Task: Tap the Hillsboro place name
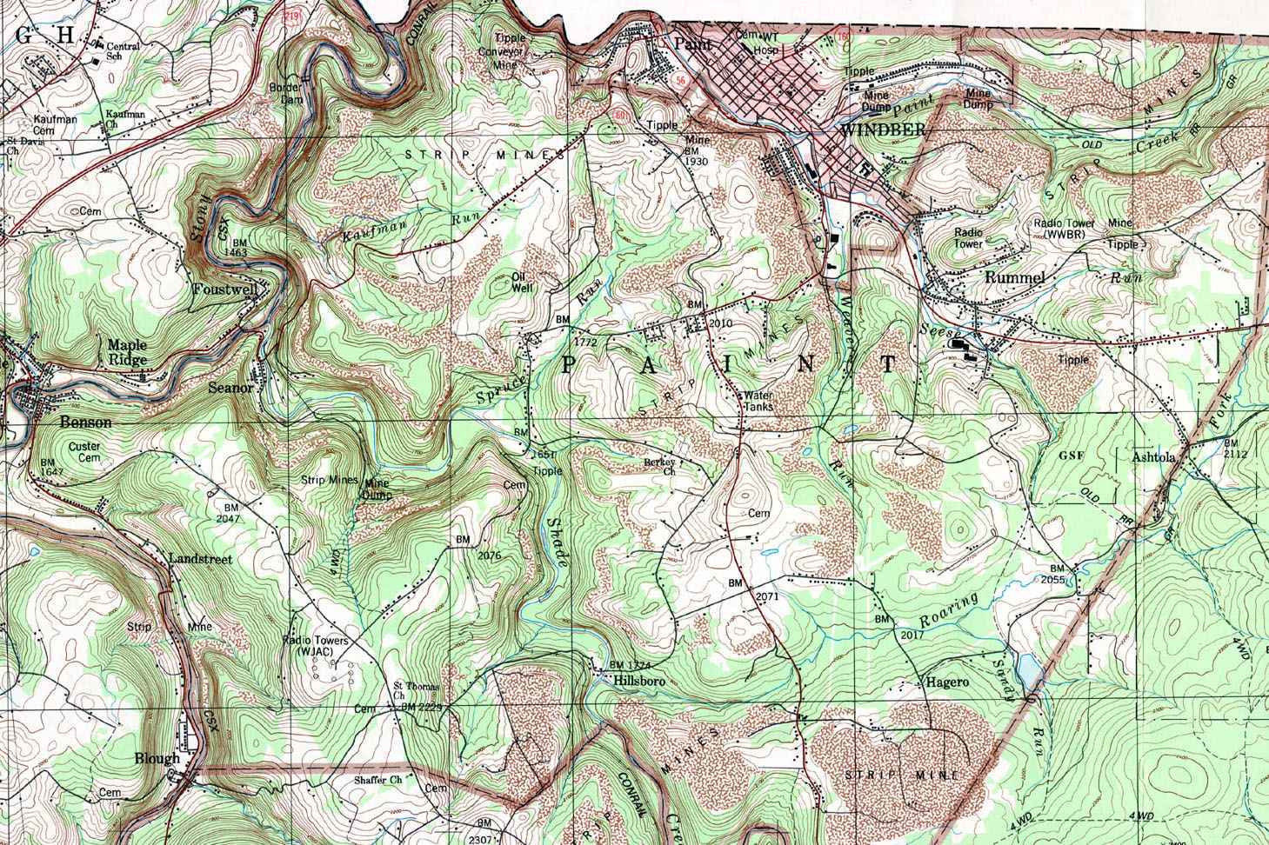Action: tap(639, 682)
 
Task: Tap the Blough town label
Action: tap(157, 758)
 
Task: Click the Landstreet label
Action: tap(200, 560)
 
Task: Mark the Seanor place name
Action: tap(230, 389)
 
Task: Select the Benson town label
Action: tap(85, 422)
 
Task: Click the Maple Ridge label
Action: tap(127, 351)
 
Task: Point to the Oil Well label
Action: tap(521, 281)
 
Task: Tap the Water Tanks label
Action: tap(758, 401)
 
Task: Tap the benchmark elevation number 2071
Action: tap(766, 596)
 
